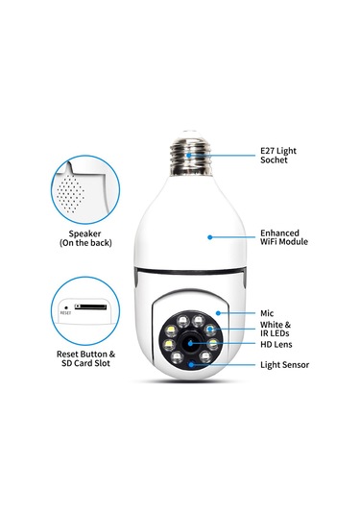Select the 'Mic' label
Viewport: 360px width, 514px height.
pos(268,312)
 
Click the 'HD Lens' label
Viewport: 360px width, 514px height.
pos(277,344)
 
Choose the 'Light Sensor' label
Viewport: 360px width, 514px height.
pos(285,365)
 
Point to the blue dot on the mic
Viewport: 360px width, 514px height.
pos(220,312)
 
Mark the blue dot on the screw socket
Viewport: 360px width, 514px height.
pos(190,152)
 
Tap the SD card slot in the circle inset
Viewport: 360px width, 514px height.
pos(90,308)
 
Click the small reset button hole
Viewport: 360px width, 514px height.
pos(66,307)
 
